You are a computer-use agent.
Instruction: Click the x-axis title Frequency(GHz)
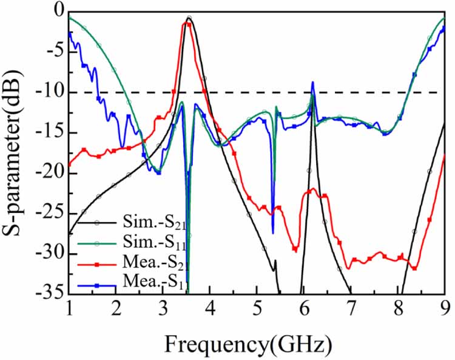(249, 344)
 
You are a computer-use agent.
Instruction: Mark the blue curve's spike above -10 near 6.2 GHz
(313, 82)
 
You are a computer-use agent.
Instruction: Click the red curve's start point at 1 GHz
(69, 164)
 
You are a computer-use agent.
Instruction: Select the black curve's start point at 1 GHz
(69, 233)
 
